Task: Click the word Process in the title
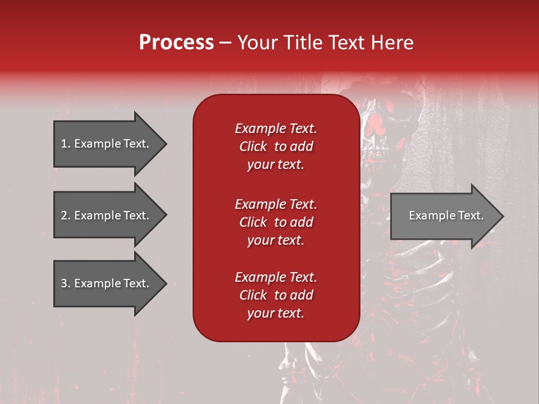point(176,43)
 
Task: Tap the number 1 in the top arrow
point(64,144)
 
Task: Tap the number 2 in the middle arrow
point(64,215)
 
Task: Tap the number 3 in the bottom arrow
point(64,283)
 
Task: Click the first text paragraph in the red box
point(276,146)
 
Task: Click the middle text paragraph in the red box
point(276,222)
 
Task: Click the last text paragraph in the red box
point(276,295)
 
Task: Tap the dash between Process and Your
point(226,43)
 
